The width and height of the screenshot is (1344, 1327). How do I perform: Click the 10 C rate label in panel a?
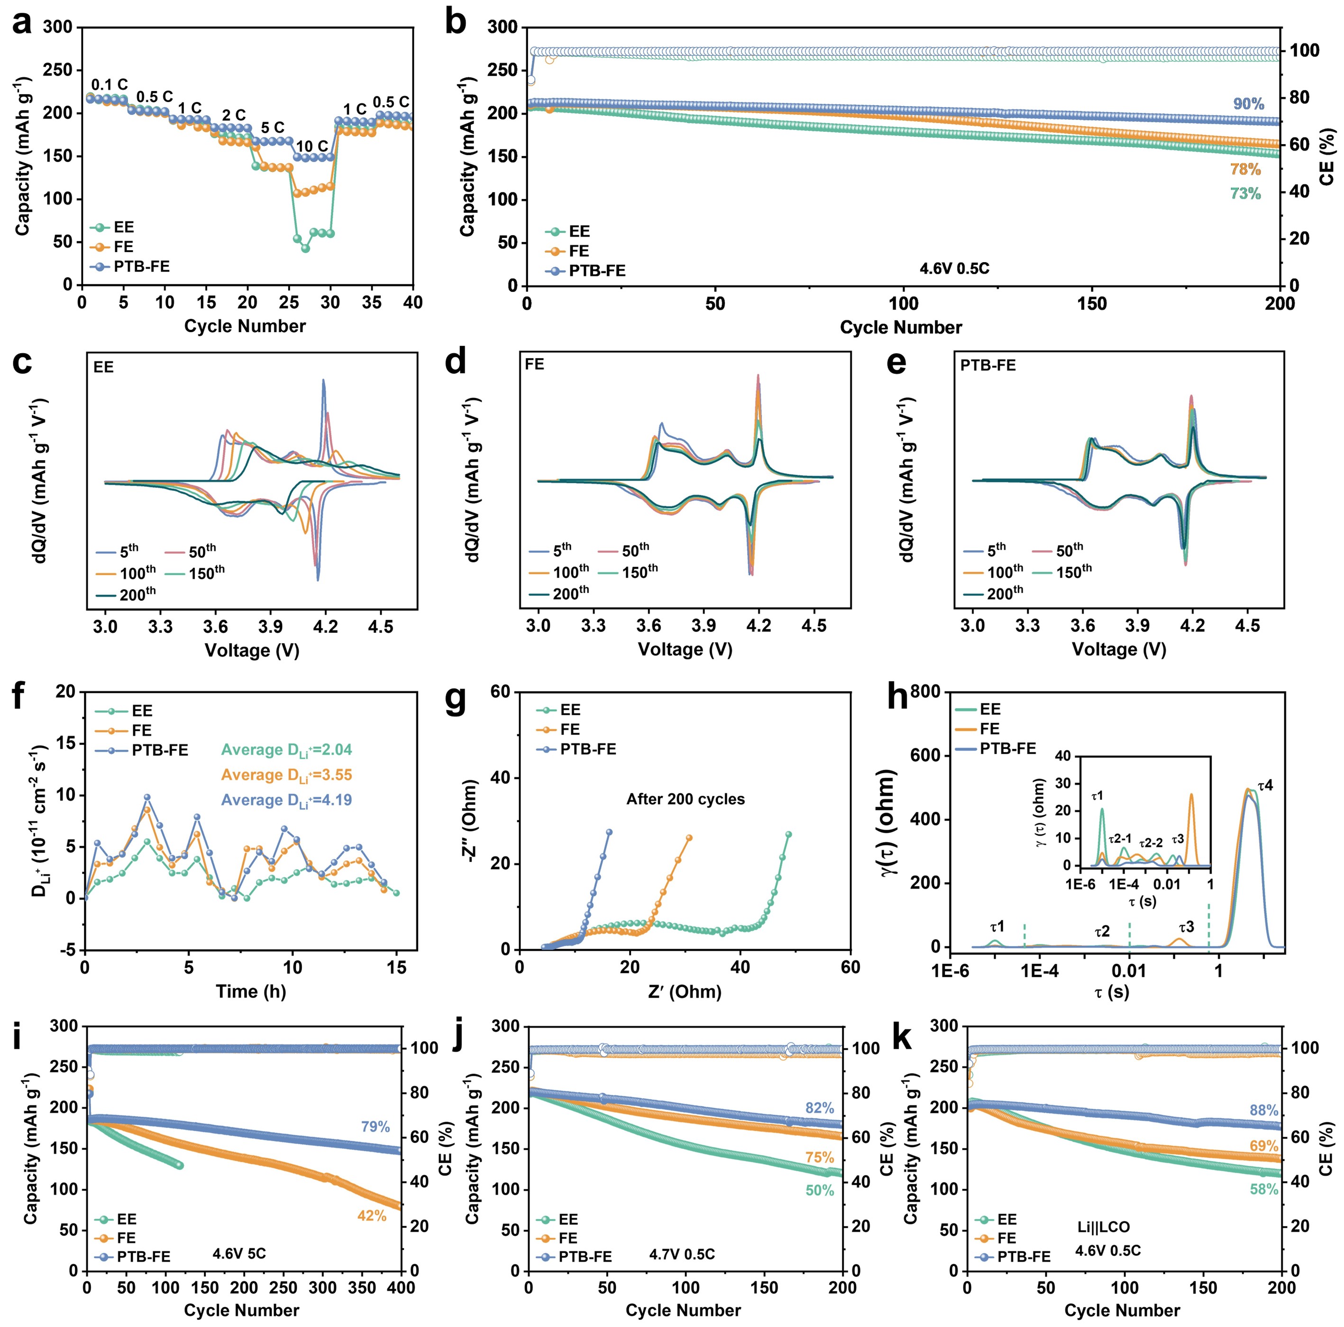pyautogui.click(x=311, y=146)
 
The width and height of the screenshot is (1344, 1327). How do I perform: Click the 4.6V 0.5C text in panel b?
pyautogui.click(x=954, y=268)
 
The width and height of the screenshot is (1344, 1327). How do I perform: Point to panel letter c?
pyautogui.click(x=22, y=363)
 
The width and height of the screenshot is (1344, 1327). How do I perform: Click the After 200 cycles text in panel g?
pyautogui.click(x=685, y=799)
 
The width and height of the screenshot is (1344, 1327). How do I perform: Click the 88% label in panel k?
pyautogui.click(x=1263, y=1110)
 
